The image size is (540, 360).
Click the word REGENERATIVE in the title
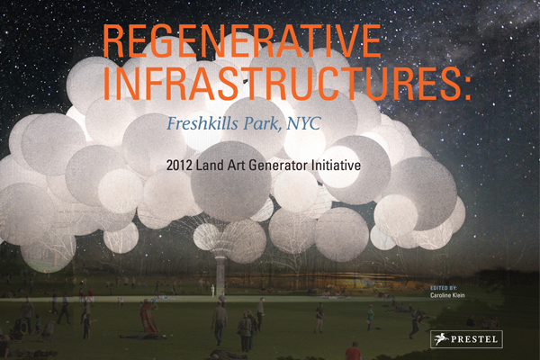[x=242, y=41]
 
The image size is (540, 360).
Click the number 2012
[x=179, y=166]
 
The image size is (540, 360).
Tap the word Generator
[x=278, y=166]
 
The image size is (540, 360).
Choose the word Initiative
[x=336, y=166]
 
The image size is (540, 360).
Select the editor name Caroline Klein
[x=447, y=295]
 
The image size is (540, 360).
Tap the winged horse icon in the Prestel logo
[x=441, y=339]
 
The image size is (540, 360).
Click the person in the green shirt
[x=370, y=318]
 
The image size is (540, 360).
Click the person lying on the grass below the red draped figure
[x=139, y=336]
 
